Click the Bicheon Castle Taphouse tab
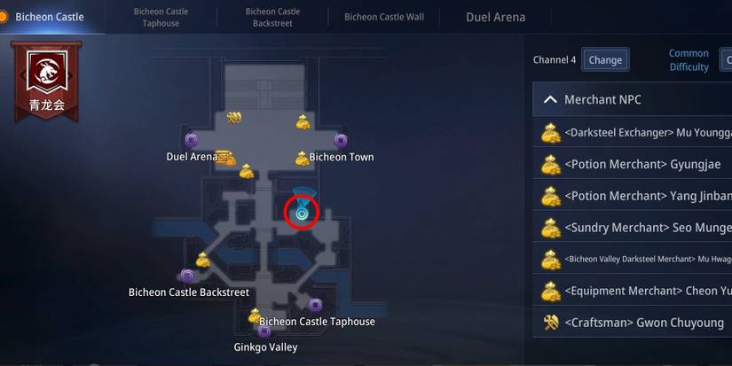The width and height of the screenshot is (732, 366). [161, 18]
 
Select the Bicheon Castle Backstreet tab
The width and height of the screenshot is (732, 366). [272, 18]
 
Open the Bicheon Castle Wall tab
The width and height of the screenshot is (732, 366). [384, 17]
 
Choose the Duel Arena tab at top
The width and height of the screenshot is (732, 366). [495, 17]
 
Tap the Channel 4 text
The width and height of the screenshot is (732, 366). [555, 60]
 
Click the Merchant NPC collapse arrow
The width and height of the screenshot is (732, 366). [550, 100]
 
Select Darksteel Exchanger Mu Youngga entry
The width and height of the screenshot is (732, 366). [635, 133]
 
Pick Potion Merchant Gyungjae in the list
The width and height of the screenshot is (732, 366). [635, 164]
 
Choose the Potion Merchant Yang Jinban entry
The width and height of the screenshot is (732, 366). [635, 196]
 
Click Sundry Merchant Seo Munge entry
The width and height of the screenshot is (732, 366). [635, 228]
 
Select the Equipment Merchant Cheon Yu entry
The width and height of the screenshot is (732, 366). [635, 291]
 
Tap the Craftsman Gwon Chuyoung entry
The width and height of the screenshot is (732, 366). [635, 323]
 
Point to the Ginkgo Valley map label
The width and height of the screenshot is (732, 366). [265, 347]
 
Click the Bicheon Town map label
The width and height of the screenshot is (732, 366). [342, 158]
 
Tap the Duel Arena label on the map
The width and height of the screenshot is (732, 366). [192, 157]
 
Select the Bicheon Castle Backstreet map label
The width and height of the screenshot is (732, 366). [188, 292]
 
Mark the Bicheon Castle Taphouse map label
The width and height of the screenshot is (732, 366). [317, 322]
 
